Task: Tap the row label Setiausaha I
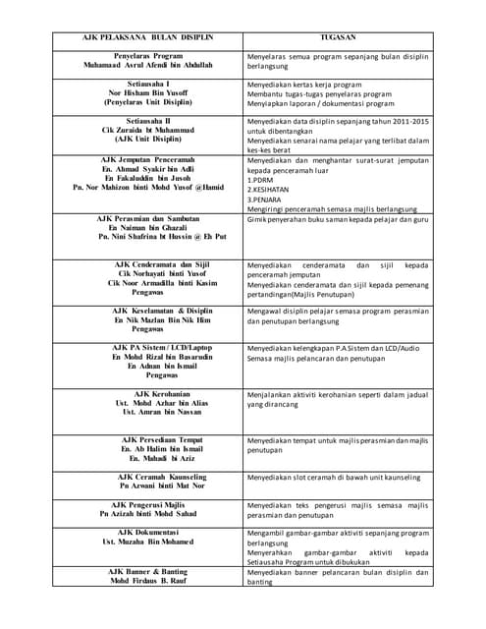click(x=148, y=86)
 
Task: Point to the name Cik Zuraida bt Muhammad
click(x=148, y=130)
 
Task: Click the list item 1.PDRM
click(x=260, y=180)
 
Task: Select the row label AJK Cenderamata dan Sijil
click(x=148, y=263)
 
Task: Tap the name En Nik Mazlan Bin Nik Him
click(x=148, y=319)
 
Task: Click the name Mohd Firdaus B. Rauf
click(x=147, y=581)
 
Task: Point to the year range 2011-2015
click(x=409, y=120)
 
